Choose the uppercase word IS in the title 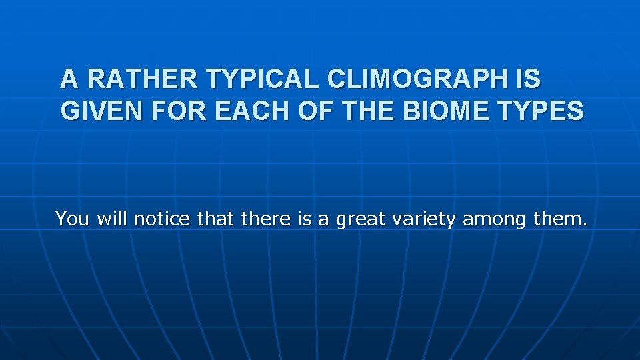pyautogui.click(x=529, y=79)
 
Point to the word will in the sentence pyautogui.click(x=113, y=219)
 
